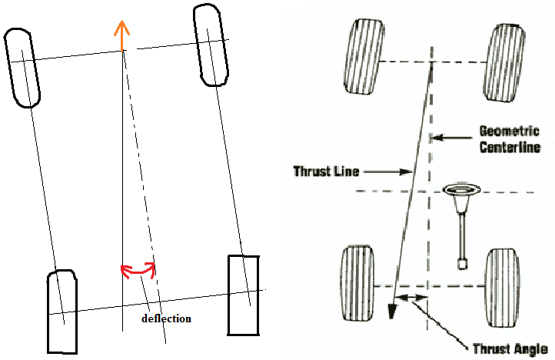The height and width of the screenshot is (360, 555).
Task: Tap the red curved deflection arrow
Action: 138,268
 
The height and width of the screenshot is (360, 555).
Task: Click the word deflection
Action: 167,318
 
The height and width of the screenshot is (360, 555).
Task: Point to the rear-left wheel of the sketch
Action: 62,311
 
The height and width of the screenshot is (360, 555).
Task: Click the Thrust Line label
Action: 326,171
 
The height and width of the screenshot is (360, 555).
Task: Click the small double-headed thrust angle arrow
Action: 414,297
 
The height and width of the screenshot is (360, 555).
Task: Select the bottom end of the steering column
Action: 462,264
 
